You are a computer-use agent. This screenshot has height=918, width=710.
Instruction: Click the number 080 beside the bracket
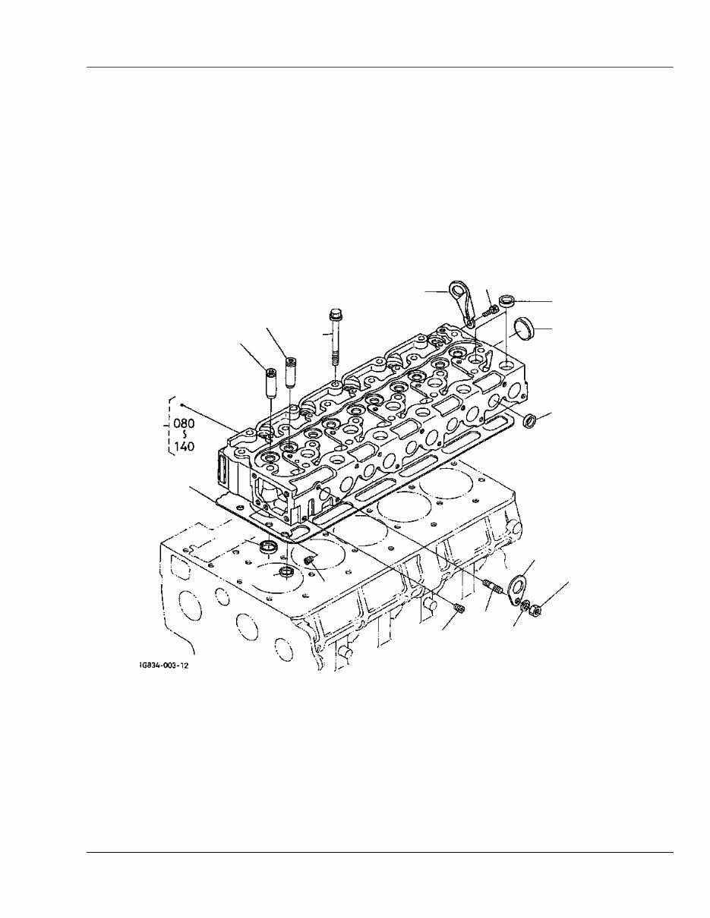[x=184, y=423]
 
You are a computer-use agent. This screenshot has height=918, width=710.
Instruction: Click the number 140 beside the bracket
[x=184, y=446]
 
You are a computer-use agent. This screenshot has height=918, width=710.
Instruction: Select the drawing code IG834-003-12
[x=164, y=677]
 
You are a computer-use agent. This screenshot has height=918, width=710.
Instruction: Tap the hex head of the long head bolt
[x=334, y=315]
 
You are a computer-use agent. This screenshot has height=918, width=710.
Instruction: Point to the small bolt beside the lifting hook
[x=489, y=313]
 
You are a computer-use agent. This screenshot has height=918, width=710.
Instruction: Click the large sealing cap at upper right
[x=525, y=329]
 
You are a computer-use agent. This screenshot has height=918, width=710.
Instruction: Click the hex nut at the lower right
[x=535, y=610]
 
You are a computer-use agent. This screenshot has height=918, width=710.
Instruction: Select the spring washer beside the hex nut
[x=525, y=605]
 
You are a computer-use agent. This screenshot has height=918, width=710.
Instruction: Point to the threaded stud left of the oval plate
[x=492, y=586]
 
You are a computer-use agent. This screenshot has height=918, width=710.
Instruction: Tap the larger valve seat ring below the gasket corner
[x=268, y=545]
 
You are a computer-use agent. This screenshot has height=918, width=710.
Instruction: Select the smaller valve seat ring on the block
[x=286, y=574]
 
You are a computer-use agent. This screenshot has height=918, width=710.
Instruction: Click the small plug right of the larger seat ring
[x=309, y=561]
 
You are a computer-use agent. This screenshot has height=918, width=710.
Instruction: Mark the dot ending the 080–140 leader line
[x=181, y=404]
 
